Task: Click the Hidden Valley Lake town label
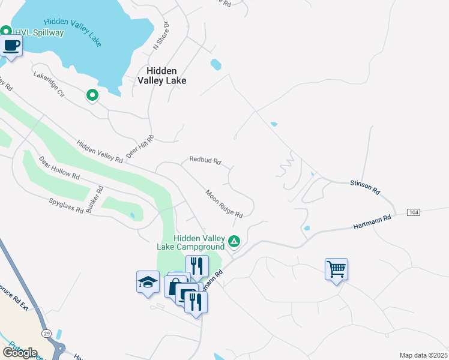point(161,75)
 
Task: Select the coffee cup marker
point(11,45)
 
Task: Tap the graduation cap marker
point(148,282)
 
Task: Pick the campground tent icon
point(234,242)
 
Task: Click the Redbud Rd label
point(205,161)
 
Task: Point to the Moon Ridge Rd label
point(224,204)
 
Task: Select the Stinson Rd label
point(366,187)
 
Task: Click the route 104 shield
point(413,213)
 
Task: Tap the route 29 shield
point(46,333)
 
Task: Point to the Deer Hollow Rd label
point(59,169)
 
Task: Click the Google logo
point(19,353)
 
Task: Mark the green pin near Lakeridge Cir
point(92,95)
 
